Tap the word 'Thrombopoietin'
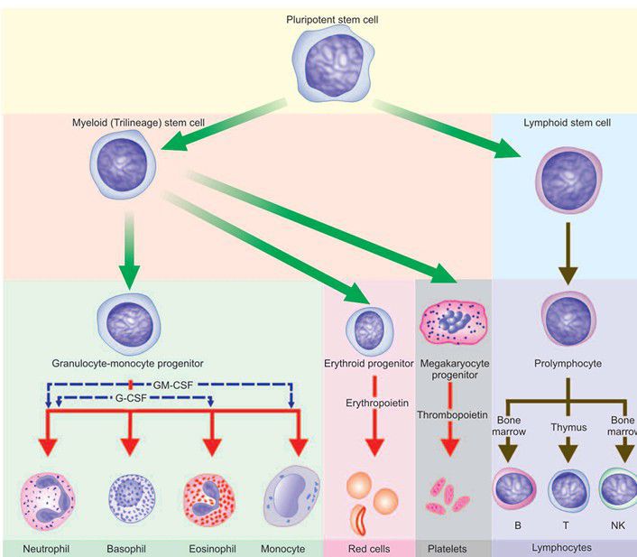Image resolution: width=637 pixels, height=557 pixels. [x=454, y=414]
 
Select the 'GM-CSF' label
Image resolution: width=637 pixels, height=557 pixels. [x=171, y=384]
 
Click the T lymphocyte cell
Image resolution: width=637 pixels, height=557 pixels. [x=568, y=493]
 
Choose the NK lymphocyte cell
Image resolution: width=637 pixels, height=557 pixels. [x=619, y=493]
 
